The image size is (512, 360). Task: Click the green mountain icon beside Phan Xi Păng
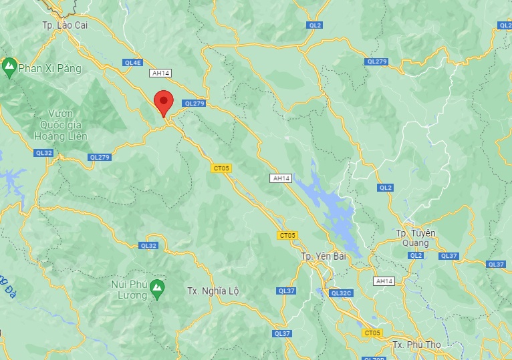click(9, 67)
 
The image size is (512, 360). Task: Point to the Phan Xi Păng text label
click(49, 68)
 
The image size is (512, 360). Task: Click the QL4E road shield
click(133, 62)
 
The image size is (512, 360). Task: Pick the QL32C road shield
click(340, 293)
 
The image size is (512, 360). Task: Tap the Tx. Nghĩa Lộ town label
click(213, 291)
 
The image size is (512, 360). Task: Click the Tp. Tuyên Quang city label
click(415, 238)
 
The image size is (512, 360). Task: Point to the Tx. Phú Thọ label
click(416, 345)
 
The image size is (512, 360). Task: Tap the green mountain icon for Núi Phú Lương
click(157, 289)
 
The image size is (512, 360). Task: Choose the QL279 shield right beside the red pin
click(194, 104)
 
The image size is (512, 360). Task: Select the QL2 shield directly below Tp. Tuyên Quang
click(416, 256)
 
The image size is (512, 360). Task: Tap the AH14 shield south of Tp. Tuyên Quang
click(384, 281)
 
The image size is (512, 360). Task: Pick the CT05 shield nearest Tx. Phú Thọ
click(372, 333)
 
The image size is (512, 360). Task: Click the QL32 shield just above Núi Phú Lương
click(148, 246)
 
